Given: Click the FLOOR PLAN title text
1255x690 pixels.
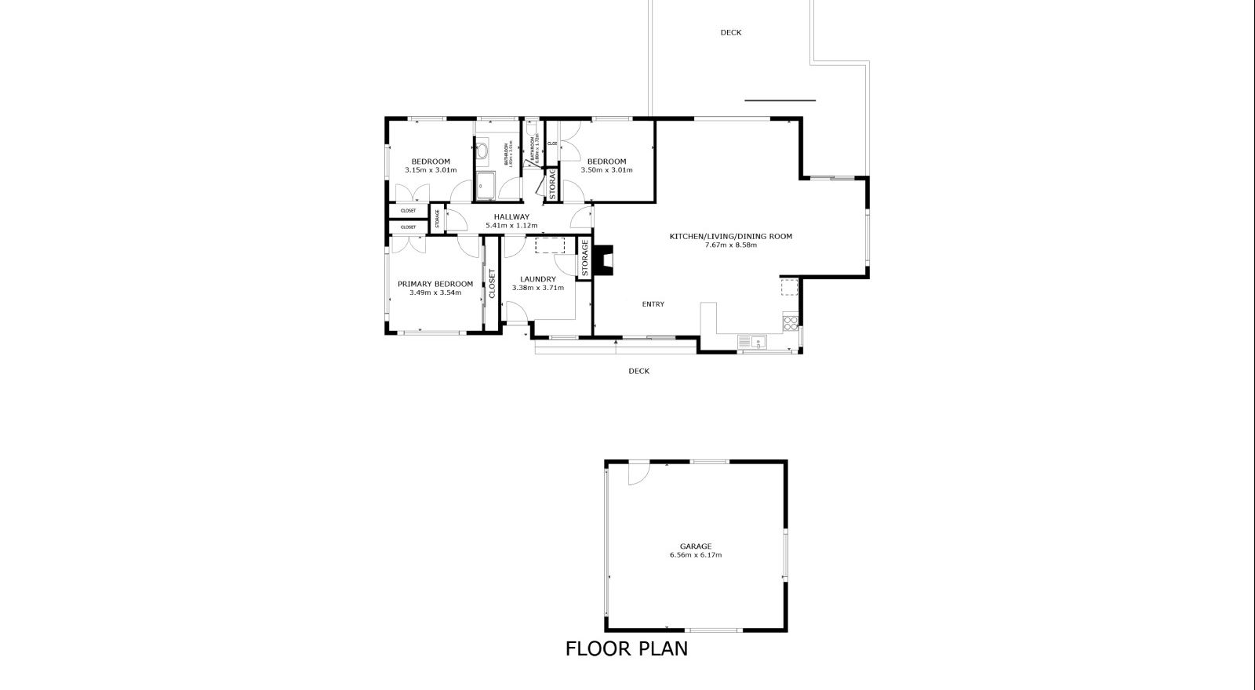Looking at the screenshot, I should (626, 649).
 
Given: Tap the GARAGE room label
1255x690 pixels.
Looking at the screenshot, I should (695, 547).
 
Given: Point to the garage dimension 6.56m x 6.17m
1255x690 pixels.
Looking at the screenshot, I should (695, 555).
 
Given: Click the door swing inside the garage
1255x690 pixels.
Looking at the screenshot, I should (638, 472).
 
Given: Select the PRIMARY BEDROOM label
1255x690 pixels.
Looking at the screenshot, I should (435, 284).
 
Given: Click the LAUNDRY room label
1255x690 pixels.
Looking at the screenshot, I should (537, 279).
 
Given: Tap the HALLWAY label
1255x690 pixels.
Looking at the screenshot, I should (511, 217).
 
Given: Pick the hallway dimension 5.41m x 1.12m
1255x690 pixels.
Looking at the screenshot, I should (511, 226).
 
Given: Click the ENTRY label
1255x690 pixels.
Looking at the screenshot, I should (653, 304).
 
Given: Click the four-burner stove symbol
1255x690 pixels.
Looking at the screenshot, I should (791, 320).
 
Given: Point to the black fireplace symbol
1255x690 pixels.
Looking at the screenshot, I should (602, 260).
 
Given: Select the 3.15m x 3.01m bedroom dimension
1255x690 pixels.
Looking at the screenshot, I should (431, 170).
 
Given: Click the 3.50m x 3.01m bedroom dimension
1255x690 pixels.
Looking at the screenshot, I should (606, 170).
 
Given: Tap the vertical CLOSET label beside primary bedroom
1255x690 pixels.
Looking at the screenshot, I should (492, 285).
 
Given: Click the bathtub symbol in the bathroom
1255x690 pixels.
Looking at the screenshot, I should (486, 187).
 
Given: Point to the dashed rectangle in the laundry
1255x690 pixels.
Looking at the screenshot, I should (550, 245).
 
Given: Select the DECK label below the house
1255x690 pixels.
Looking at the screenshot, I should (638, 372).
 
